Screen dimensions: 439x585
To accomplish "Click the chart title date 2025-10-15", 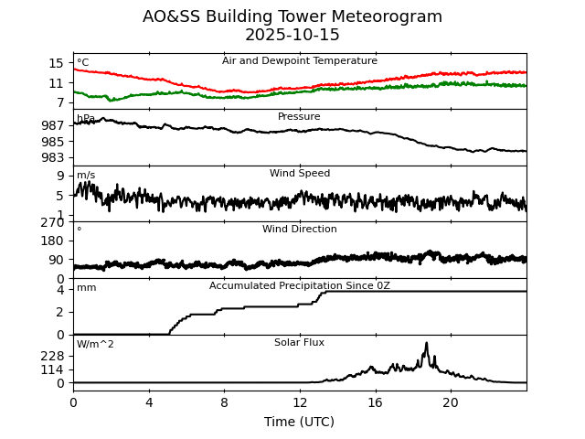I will (x=292, y=36).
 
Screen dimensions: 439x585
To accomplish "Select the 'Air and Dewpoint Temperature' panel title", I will (x=300, y=61).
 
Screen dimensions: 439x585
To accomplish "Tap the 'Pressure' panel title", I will (x=299, y=117).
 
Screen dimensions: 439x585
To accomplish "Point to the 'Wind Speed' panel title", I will (x=300, y=174).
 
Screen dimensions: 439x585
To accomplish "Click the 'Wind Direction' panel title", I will (x=300, y=230).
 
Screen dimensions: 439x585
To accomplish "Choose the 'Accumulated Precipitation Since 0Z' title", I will (x=300, y=286).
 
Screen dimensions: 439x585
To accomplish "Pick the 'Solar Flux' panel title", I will (x=299, y=343).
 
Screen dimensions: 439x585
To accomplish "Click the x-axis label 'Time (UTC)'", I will (x=300, y=422).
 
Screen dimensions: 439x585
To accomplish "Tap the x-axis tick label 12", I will (x=300, y=402).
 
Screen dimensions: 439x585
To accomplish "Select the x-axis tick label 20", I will (x=451, y=402).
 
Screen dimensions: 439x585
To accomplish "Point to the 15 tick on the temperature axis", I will (x=57, y=63).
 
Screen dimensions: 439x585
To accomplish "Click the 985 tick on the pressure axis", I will (x=53, y=142).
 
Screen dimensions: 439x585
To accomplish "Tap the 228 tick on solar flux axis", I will (x=53, y=356).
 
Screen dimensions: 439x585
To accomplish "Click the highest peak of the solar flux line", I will (x=426, y=344).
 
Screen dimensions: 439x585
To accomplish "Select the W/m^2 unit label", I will (x=95, y=345).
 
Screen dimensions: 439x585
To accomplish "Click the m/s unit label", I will (x=86, y=176).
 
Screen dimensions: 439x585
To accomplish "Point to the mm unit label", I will (x=86, y=288).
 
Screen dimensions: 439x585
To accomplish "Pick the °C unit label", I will (x=83, y=63).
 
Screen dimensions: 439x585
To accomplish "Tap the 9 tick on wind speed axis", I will (x=60, y=176).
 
